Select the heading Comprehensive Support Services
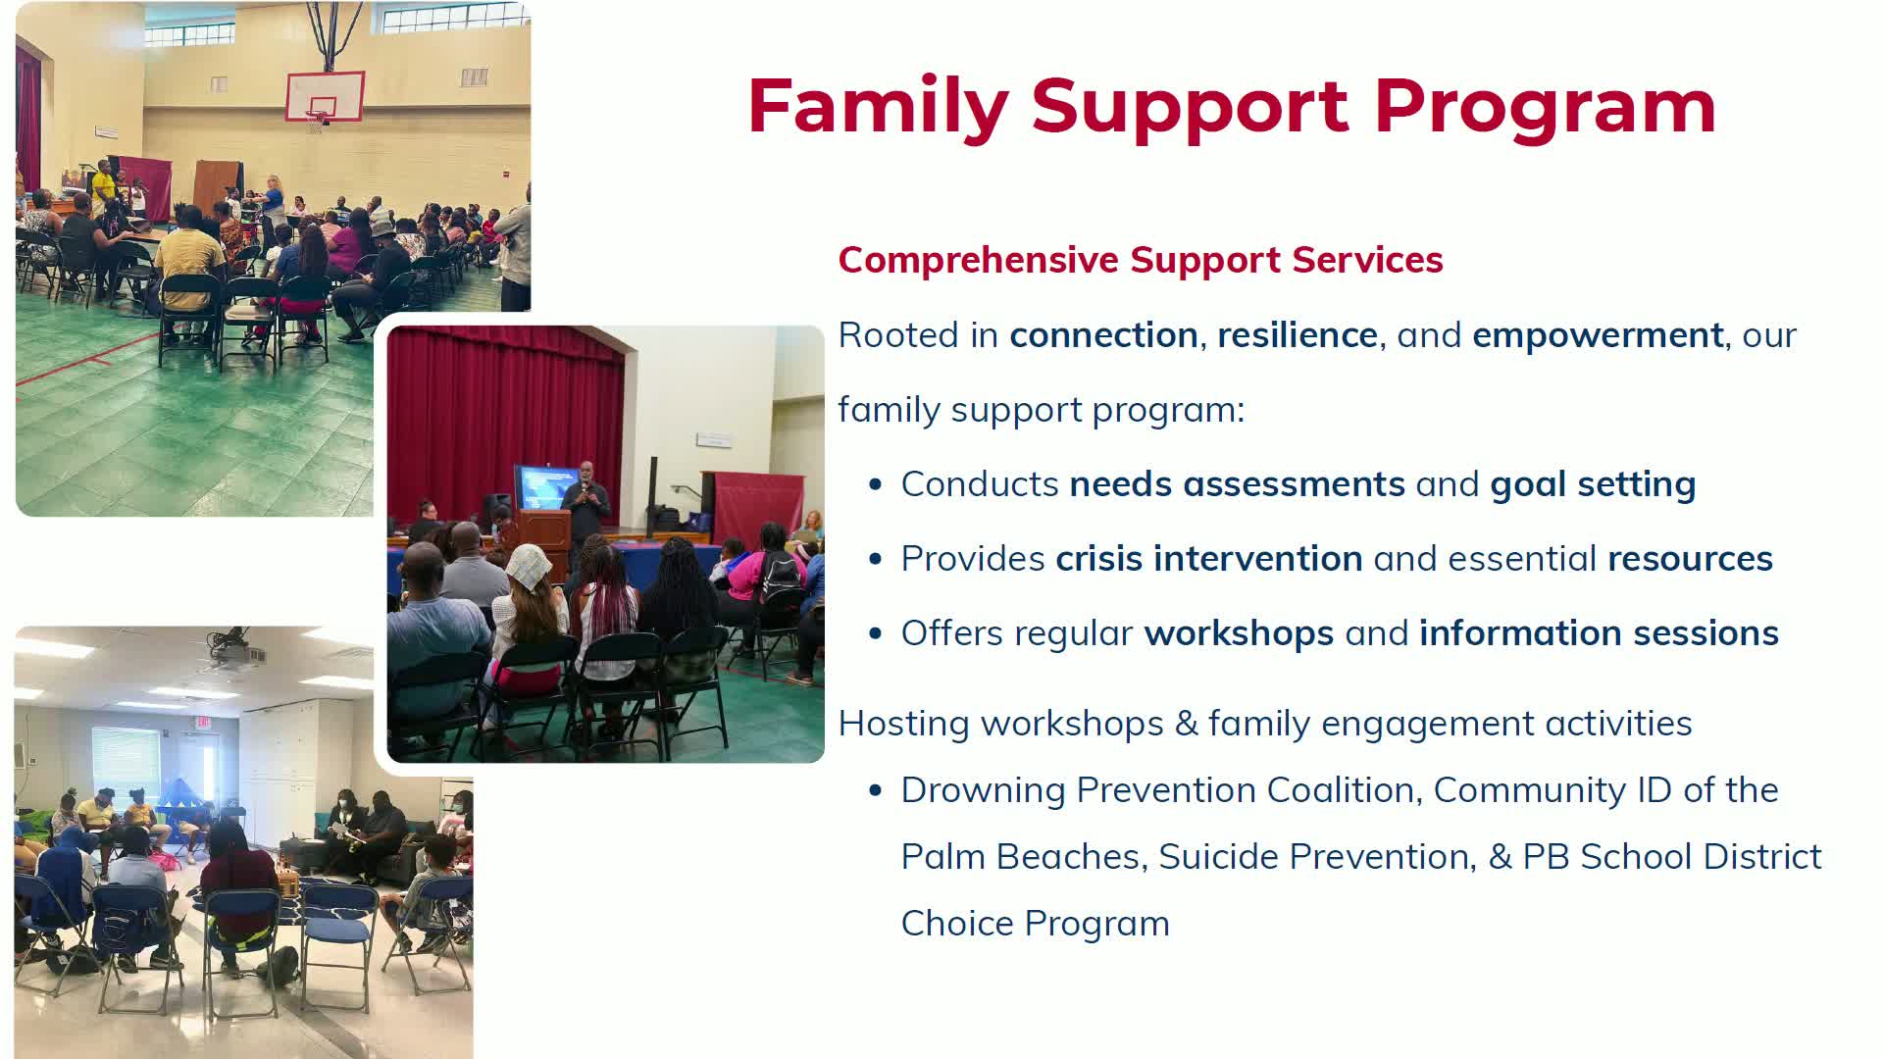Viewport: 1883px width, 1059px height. pyautogui.click(x=1141, y=260)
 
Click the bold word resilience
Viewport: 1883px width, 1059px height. pyautogui.click(x=1298, y=335)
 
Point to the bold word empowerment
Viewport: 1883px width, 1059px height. pyautogui.click(x=1598, y=335)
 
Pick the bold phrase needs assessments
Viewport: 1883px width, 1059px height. pyautogui.click(x=1237, y=484)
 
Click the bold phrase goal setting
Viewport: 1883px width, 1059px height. pyautogui.click(x=1593, y=484)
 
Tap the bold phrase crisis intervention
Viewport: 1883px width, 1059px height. pyautogui.click(x=1209, y=559)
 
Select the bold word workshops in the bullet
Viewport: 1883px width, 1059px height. pyautogui.click(x=1239, y=633)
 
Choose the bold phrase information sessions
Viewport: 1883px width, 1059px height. pyautogui.click(x=1599, y=633)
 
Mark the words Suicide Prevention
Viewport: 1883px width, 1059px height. pyautogui.click(x=1317, y=857)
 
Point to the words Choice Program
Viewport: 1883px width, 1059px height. pyautogui.click(x=1035, y=924)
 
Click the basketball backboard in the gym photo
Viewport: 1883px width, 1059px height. pyautogui.click(x=325, y=96)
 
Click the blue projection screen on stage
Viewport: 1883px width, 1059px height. pyautogui.click(x=547, y=487)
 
